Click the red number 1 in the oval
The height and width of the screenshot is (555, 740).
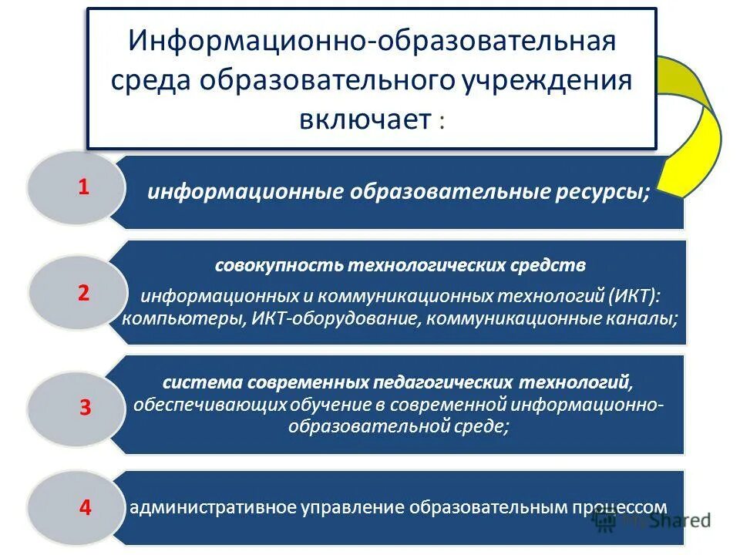(84, 187)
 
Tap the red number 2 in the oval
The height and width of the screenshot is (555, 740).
(84, 293)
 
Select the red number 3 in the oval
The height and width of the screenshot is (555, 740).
(86, 409)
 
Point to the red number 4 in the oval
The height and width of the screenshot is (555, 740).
(86, 508)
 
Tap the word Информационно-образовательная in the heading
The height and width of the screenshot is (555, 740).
(372, 41)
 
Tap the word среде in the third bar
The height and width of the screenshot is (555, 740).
(483, 427)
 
